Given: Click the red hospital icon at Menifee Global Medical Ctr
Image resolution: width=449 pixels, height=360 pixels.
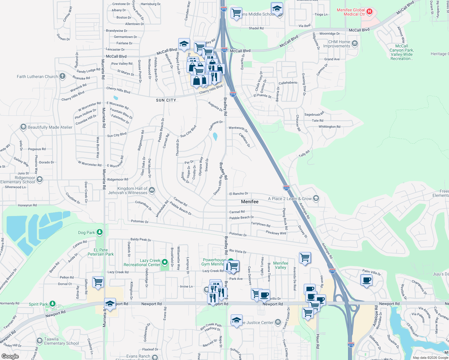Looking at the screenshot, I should click(x=369, y=12).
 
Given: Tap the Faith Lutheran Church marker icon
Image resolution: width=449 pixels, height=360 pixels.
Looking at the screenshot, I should click(x=62, y=76).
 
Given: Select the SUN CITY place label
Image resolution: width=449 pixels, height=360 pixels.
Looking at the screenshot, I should click(x=166, y=100).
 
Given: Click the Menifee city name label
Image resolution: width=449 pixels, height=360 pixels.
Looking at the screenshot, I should click(x=250, y=202).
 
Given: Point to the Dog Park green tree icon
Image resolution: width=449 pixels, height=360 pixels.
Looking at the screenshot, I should click(x=100, y=232).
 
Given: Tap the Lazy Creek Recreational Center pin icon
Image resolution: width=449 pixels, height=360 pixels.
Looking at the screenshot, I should click(x=165, y=262).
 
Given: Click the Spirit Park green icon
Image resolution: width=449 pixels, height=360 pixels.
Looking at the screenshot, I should click(x=53, y=304).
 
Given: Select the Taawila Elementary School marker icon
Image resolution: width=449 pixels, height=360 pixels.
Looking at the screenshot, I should click(x=39, y=341).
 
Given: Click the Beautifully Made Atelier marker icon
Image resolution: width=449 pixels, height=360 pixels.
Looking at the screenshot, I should click(x=23, y=127).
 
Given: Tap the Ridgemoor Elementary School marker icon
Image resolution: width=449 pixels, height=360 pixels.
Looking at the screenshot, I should click(x=40, y=179).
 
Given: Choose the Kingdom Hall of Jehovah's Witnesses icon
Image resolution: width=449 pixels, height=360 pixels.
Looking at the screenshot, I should click(x=152, y=190).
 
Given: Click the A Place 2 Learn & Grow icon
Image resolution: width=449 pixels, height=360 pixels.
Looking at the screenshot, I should click(x=316, y=198).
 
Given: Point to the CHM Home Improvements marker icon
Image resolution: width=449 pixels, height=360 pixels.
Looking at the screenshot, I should click(x=355, y=44).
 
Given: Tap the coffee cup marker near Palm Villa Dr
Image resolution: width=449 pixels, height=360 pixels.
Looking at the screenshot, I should click(x=366, y=280).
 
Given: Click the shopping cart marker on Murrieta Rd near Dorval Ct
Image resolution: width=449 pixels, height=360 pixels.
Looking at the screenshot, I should click(x=98, y=282).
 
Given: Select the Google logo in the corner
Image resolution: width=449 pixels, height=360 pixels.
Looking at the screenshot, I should click(x=10, y=356).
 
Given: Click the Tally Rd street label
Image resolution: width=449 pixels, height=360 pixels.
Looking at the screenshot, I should click(x=304, y=154).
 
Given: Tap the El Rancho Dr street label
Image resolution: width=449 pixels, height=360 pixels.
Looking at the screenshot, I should click(x=239, y=194).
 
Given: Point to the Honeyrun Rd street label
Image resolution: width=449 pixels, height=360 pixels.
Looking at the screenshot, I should click(x=27, y=205).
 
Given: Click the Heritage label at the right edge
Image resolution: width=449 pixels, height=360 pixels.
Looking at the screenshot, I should click(x=439, y=54).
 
